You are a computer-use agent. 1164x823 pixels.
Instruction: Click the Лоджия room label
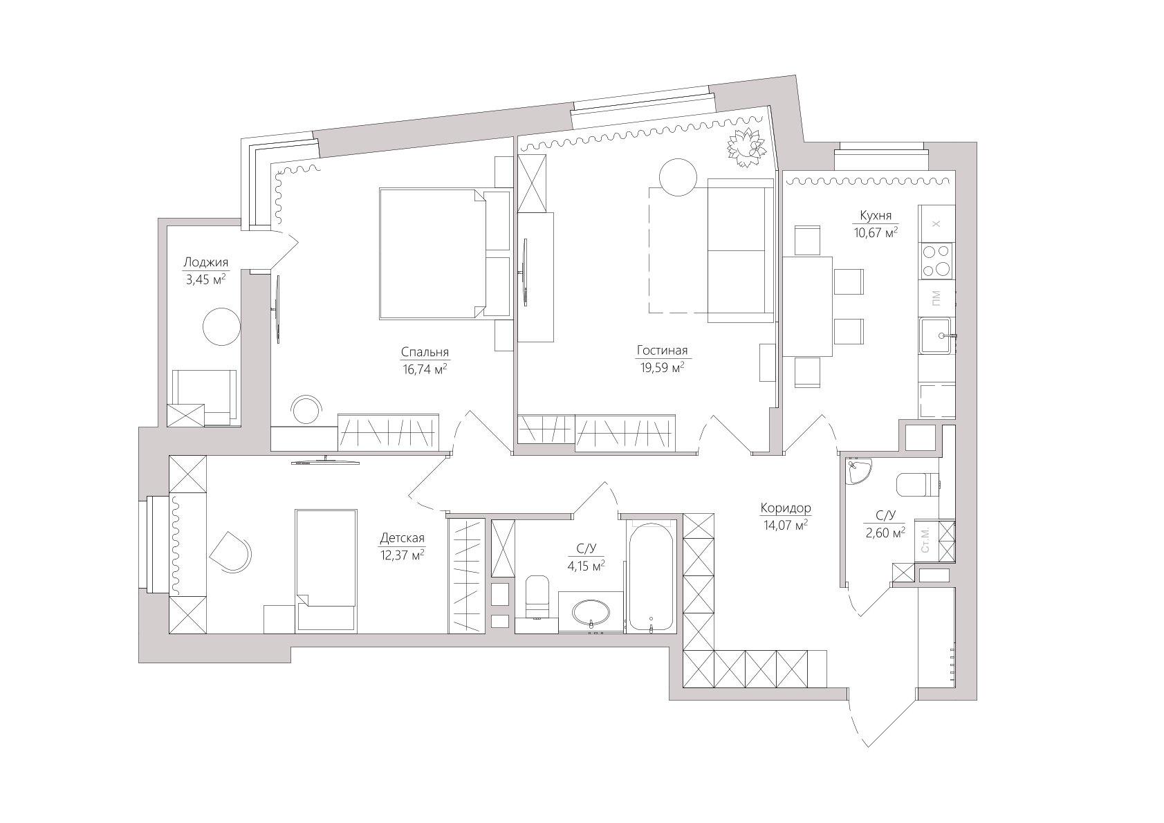[206, 262]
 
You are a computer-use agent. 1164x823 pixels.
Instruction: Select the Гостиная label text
[662, 351]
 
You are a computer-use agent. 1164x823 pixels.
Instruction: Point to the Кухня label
[876, 215]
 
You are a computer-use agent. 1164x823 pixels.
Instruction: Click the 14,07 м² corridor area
[785, 526]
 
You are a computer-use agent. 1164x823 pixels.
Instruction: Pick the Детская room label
[403, 538]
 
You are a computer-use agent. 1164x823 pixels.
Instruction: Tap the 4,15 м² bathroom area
[586, 566]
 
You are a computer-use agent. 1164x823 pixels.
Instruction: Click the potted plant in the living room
[746, 147]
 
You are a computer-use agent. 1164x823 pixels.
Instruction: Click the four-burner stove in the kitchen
[936, 261]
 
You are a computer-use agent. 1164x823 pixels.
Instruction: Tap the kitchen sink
[937, 335]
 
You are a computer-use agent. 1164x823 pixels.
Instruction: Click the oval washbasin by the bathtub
[591, 612]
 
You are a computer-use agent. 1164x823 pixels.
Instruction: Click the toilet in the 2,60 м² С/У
[918, 484]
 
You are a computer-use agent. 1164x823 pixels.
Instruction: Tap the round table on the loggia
[221, 327]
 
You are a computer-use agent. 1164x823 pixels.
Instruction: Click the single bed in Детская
[326, 571]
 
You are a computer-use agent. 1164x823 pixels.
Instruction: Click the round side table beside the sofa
[678, 177]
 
